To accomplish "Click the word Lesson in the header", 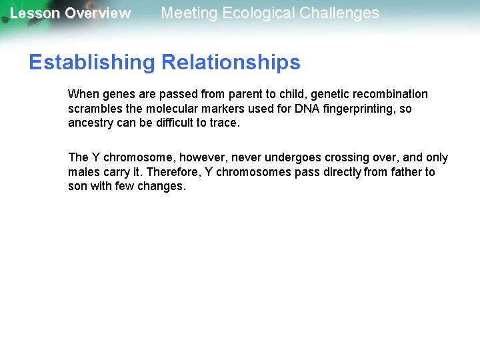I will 35,13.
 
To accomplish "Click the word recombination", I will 391,94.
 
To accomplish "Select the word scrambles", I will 93,109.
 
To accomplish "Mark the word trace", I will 223,123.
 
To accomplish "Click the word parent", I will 218,94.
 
